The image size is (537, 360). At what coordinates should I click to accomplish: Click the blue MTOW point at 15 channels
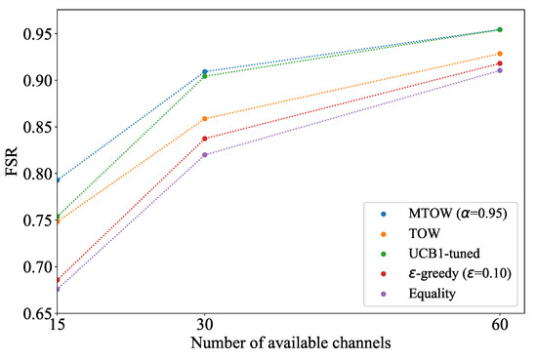coord(58,180)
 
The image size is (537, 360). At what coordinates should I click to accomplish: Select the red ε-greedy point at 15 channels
coord(58,280)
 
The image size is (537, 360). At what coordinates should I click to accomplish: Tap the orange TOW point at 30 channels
coord(204,119)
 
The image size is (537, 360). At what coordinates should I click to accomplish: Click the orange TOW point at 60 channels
coord(499,54)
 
